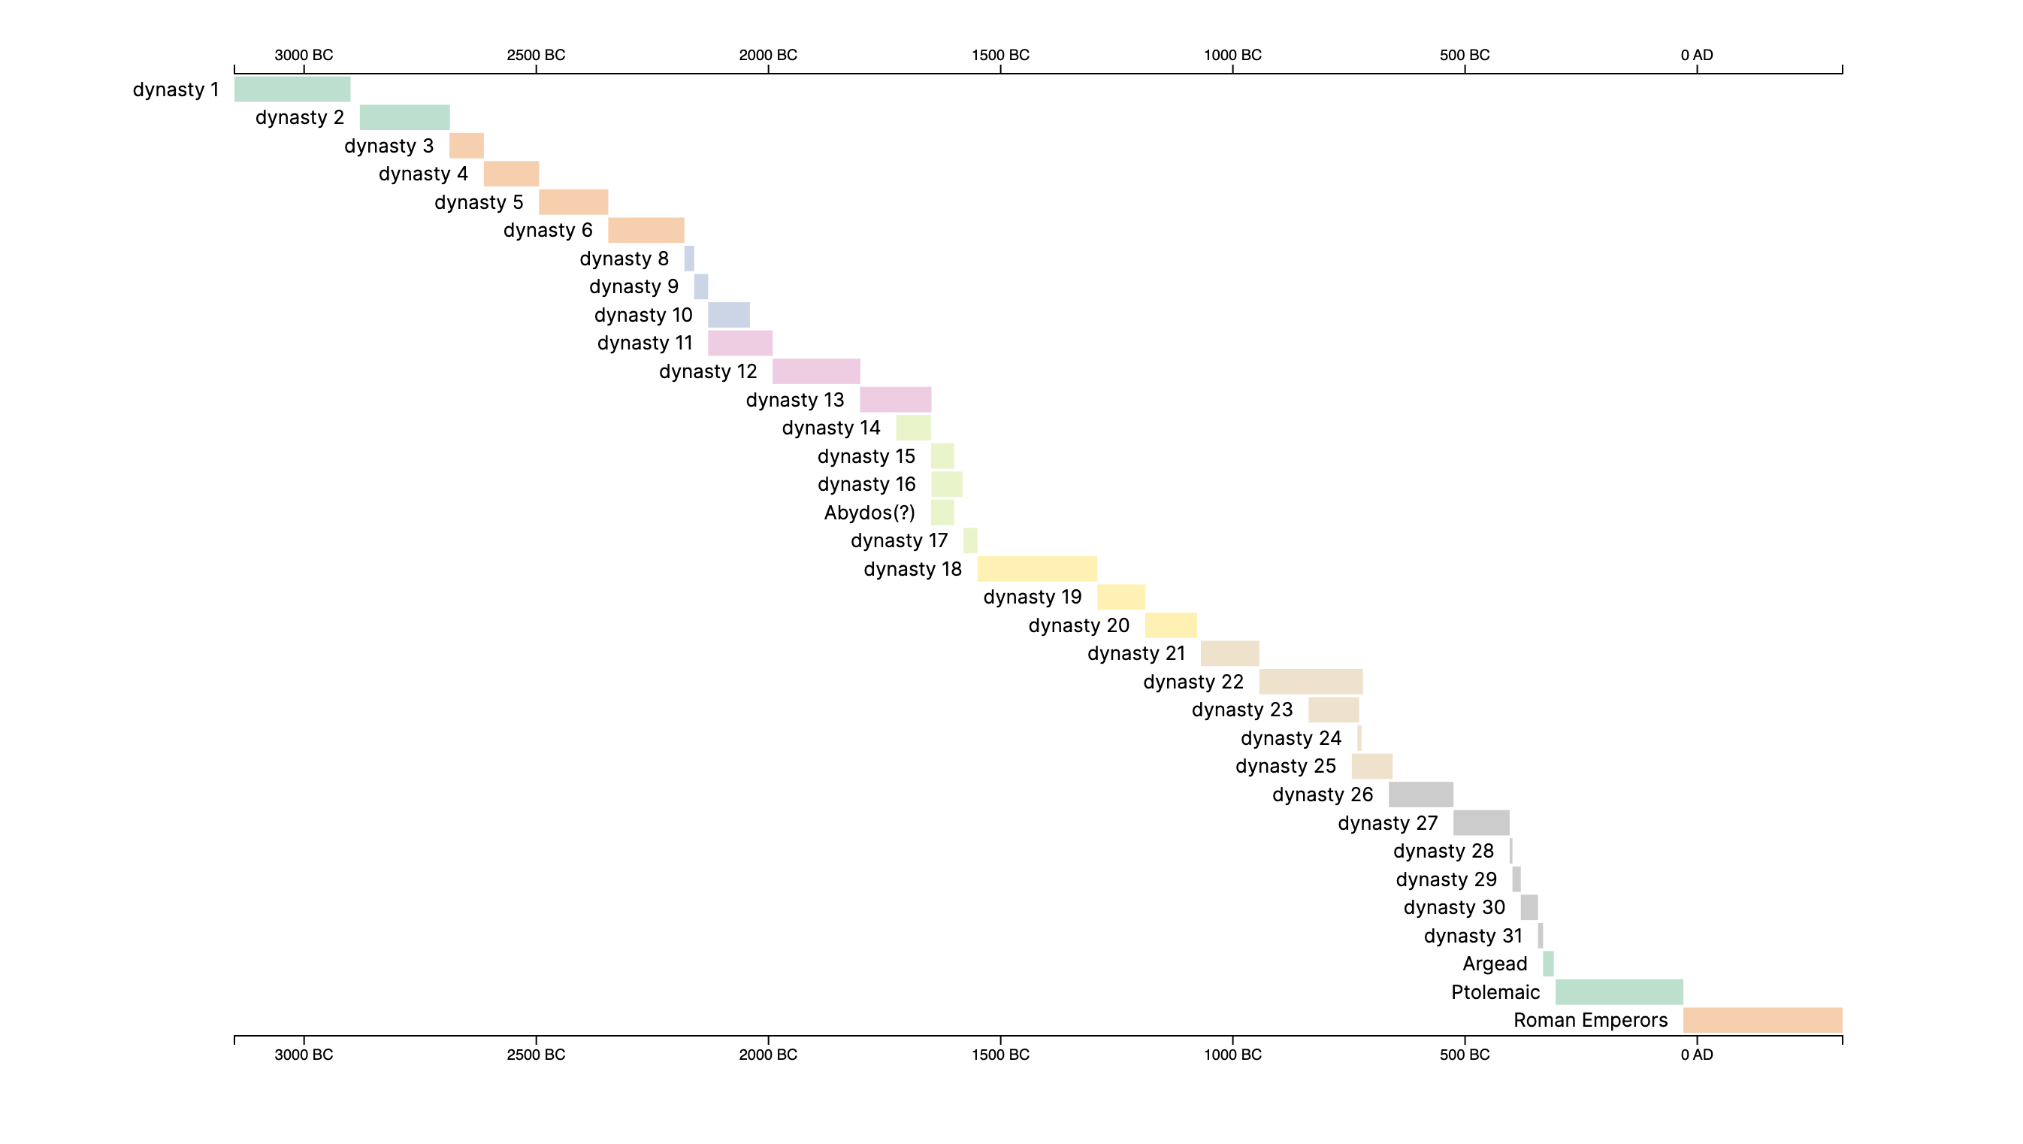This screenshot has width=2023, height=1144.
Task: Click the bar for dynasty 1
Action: pos(292,89)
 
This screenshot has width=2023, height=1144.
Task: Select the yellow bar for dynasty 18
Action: pos(1036,568)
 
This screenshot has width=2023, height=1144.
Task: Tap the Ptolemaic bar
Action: pos(1619,991)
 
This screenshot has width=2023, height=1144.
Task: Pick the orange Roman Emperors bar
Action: pos(1762,1020)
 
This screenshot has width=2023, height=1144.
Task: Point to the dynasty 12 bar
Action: pos(816,371)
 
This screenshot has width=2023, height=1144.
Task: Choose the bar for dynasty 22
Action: pos(1310,681)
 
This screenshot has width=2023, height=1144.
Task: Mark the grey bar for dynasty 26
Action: pos(1420,794)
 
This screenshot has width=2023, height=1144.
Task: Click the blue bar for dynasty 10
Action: pos(728,314)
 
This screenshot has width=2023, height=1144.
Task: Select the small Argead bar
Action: pos(1548,964)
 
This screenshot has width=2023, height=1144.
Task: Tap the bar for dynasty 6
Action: pos(646,230)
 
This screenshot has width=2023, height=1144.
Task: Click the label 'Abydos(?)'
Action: pos(869,513)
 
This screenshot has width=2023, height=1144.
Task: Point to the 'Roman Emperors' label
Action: pos(1590,1020)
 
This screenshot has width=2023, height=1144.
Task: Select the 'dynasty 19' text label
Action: pos(1032,597)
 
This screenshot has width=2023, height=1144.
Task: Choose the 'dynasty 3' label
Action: pos(389,145)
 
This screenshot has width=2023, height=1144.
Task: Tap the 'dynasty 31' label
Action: pos(1472,936)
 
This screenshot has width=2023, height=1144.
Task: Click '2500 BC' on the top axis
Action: pos(536,55)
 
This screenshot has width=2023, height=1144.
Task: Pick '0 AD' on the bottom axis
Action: pos(1696,1055)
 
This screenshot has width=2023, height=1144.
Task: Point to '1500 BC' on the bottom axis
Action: pos(999,1055)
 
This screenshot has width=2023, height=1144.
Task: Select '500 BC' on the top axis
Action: pos(1464,55)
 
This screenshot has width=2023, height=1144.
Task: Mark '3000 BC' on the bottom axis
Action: pos(303,1055)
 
